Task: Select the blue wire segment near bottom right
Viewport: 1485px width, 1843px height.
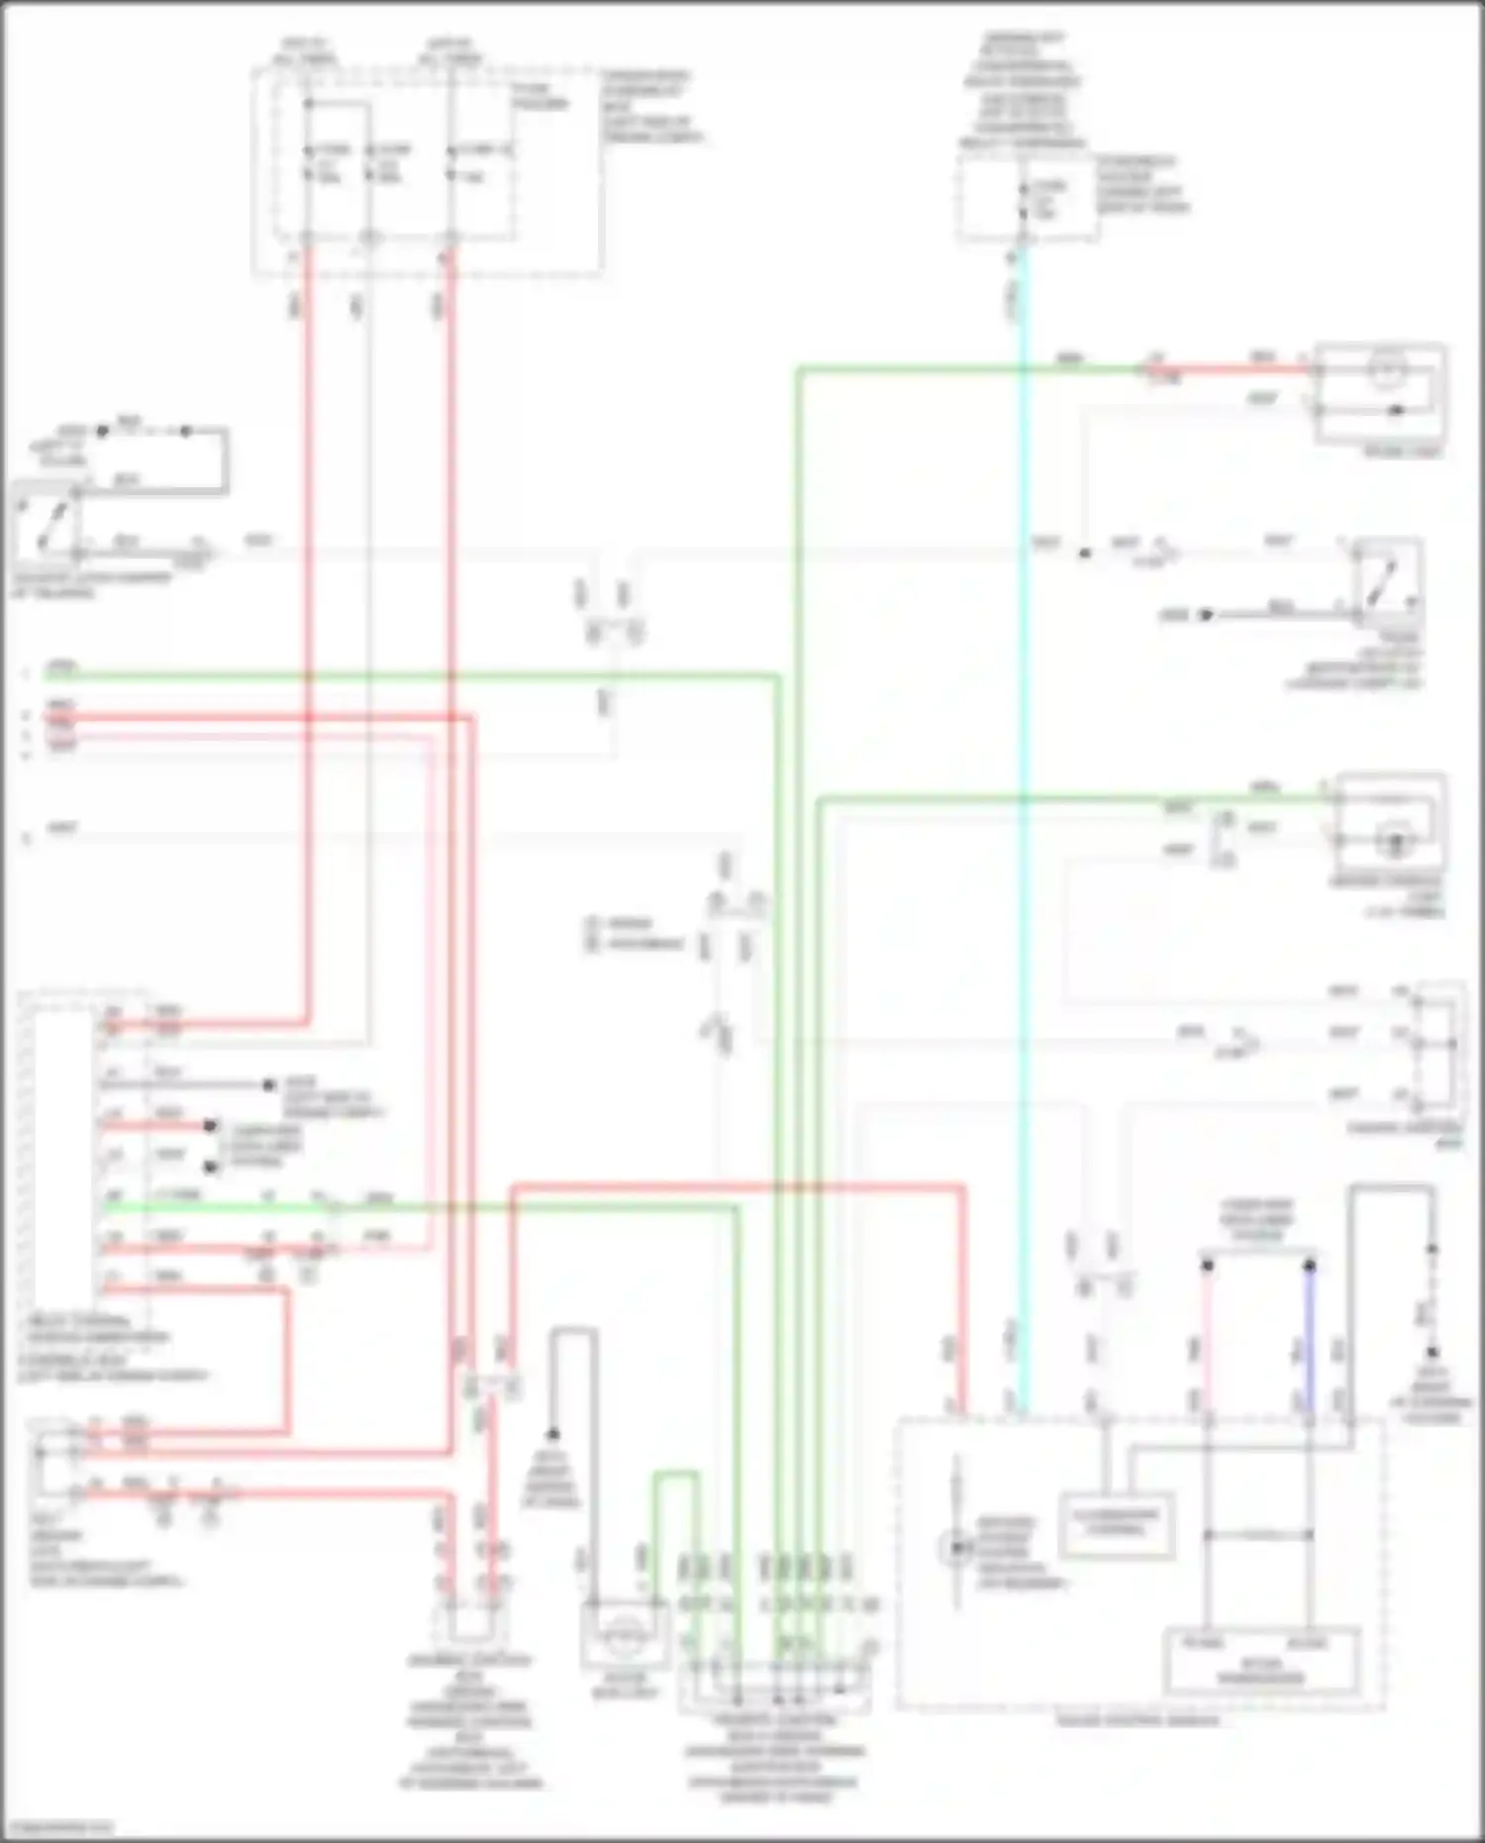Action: tap(1309, 1337)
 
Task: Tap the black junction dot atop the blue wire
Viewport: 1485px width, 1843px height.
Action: tap(1309, 1266)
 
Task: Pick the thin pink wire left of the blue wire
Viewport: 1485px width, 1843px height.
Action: tap(1207, 1337)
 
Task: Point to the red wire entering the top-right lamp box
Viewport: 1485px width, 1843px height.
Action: tap(1237, 369)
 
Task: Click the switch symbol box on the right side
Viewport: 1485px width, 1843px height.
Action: tap(1388, 580)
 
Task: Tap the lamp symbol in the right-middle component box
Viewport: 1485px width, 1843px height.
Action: tap(1395, 841)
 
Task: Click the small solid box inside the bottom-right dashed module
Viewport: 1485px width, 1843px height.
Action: tap(1117, 1524)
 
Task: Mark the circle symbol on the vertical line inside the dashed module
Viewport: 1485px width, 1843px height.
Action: tap(956, 1546)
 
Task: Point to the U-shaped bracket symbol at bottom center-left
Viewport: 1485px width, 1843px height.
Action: tap(471, 1624)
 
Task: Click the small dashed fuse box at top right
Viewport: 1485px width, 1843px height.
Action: tap(1026, 199)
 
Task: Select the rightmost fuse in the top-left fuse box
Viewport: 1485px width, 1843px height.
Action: tap(451, 163)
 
